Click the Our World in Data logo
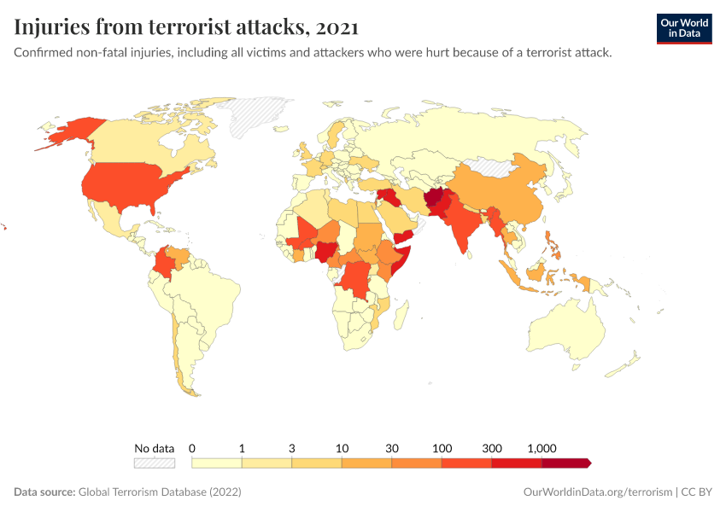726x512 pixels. tap(683, 28)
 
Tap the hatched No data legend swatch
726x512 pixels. tap(154, 463)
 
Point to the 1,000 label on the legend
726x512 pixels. tap(542, 448)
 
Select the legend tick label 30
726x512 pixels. tap(392, 448)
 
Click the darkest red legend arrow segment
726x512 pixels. tap(565, 463)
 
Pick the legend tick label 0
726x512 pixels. tap(192, 448)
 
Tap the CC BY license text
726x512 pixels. tap(696, 492)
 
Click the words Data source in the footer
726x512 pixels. tap(44, 492)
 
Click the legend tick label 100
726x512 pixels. tap(442, 448)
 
